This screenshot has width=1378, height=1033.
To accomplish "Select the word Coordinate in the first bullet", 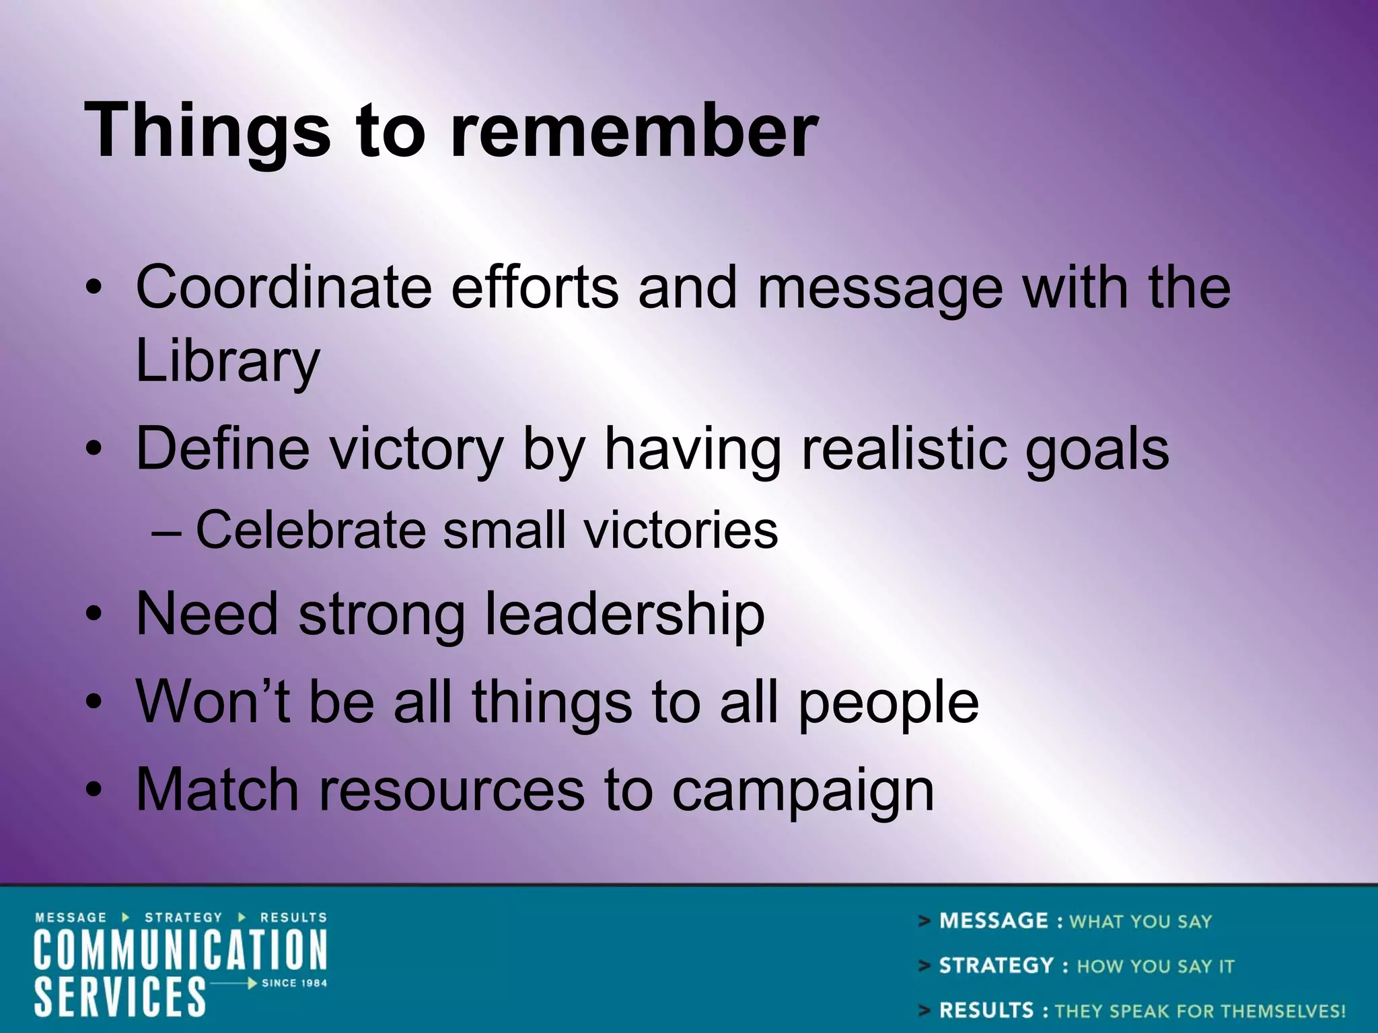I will (x=283, y=288).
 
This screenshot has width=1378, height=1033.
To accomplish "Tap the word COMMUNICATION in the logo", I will (x=180, y=950).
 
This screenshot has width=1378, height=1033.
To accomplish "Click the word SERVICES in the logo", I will (x=120, y=997).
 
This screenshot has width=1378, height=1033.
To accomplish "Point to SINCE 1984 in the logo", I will (x=294, y=983).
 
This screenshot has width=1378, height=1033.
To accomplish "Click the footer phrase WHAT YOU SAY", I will (x=1140, y=921).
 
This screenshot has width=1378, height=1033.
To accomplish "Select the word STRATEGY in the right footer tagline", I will (x=996, y=966).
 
